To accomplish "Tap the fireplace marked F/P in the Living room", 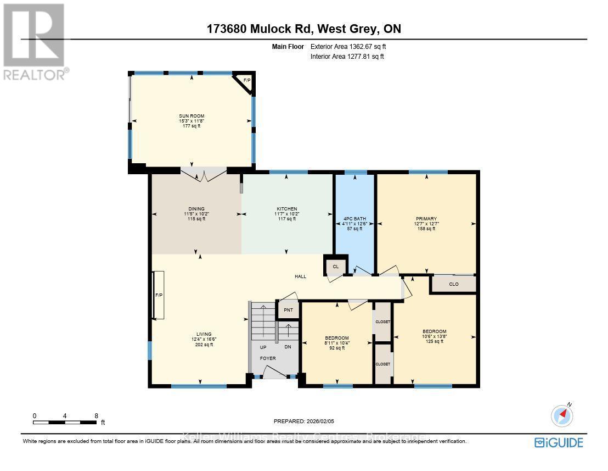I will pyautogui.click(x=159, y=295).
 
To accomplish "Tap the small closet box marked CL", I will pyautogui.click(x=336, y=267).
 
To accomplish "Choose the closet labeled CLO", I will pyautogui.click(x=453, y=284).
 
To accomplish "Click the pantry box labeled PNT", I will pyautogui.click(x=288, y=310).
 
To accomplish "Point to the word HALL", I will pyautogui.click(x=300, y=276).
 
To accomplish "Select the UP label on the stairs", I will pyautogui.click(x=263, y=347).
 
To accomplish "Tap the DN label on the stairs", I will pyautogui.click(x=288, y=347).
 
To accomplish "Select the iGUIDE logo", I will pyautogui.click(x=559, y=442).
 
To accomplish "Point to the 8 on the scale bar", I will pyautogui.click(x=96, y=416).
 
